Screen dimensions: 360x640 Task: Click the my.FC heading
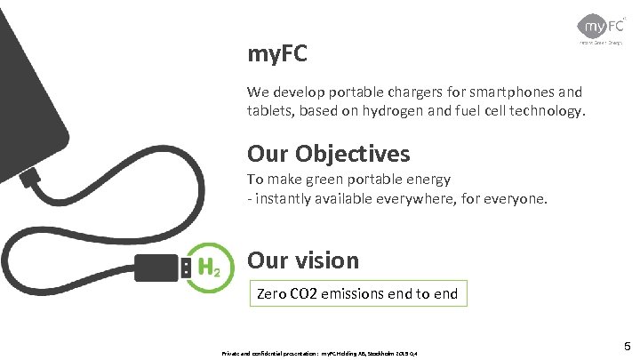pos(277,55)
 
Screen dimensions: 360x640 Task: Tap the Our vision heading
pos(303,260)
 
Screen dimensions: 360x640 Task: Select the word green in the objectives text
pos(330,180)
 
